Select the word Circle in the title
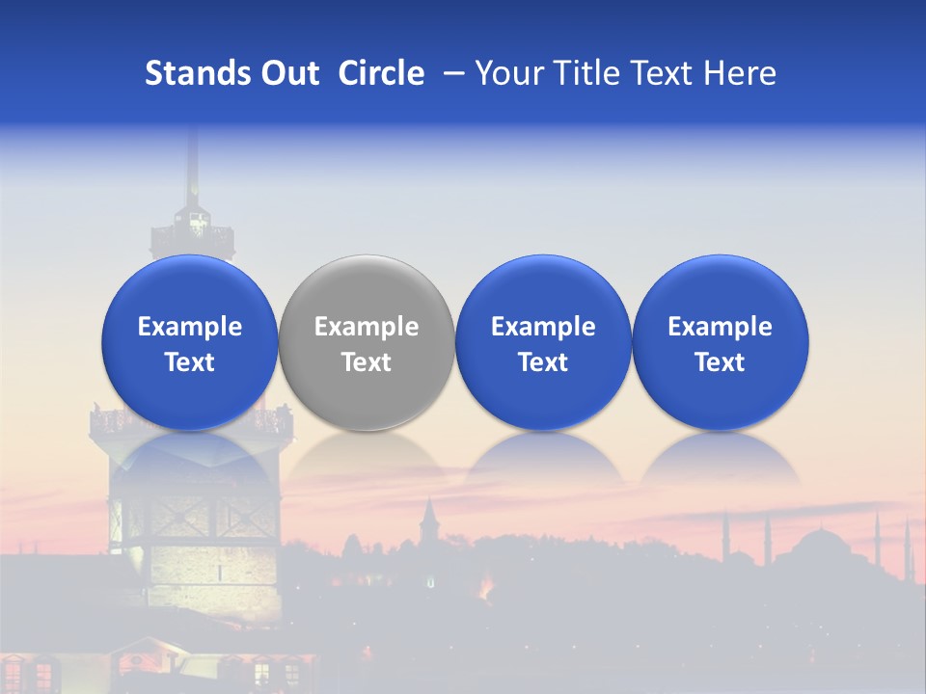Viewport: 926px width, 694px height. (381, 73)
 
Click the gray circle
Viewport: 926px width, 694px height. (367, 342)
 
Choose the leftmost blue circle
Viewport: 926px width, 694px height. (190, 342)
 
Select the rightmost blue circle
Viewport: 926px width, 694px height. (721, 342)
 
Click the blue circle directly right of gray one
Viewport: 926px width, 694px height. (543, 342)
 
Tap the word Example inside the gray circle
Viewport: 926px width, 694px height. (367, 327)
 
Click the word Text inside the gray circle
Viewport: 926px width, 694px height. (367, 362)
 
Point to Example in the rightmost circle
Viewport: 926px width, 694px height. (721, 327)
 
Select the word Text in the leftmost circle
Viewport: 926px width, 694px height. (190, 362)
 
